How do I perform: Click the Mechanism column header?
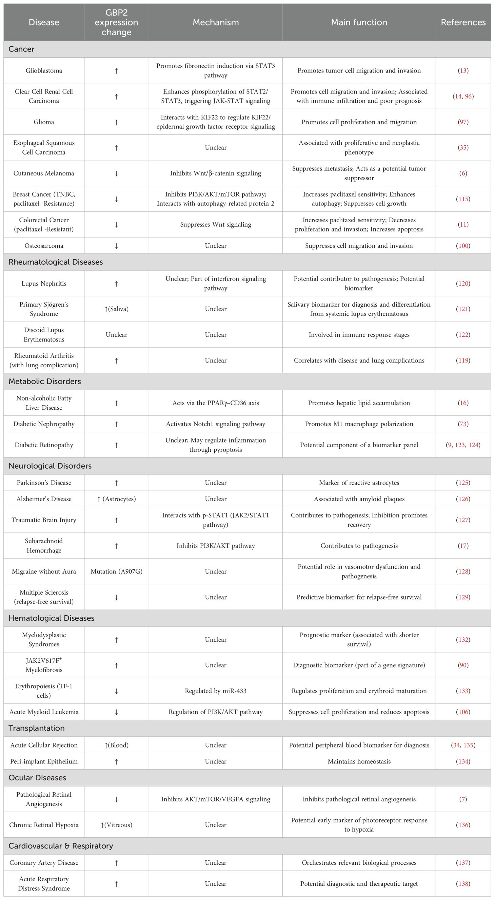click(x=216, y=22)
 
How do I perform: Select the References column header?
click(x=463, y=22)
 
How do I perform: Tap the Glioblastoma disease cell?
click(x=44, y=70)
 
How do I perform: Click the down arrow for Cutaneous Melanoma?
click(x=116, y=173)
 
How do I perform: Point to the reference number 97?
click(x=463, y=122)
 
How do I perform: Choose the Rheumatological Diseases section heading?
click(x=56, y=262)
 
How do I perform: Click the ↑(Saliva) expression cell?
click(x=116, y=309)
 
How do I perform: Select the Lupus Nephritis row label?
click(x=44, y=283)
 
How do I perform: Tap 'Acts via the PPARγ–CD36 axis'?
click(x=216, y=403)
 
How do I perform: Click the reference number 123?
click(x=460, y=445)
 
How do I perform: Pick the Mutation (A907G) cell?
click(x=116, y=571)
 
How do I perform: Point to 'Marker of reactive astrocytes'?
click(x=359, y=483)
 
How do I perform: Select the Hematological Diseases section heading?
click(x=52, y=618)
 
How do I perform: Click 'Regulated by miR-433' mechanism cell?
click(x=216, y=691)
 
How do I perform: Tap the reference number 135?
click(x=469, y=745)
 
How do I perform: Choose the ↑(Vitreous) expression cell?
click(x=116, y=824)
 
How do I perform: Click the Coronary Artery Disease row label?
click(x=44, y=863)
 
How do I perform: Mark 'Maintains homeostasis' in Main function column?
click(x=359, y=761)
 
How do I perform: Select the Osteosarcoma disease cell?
click(x=44, y=246)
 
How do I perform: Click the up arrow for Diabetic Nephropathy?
click(x=116, y=424)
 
